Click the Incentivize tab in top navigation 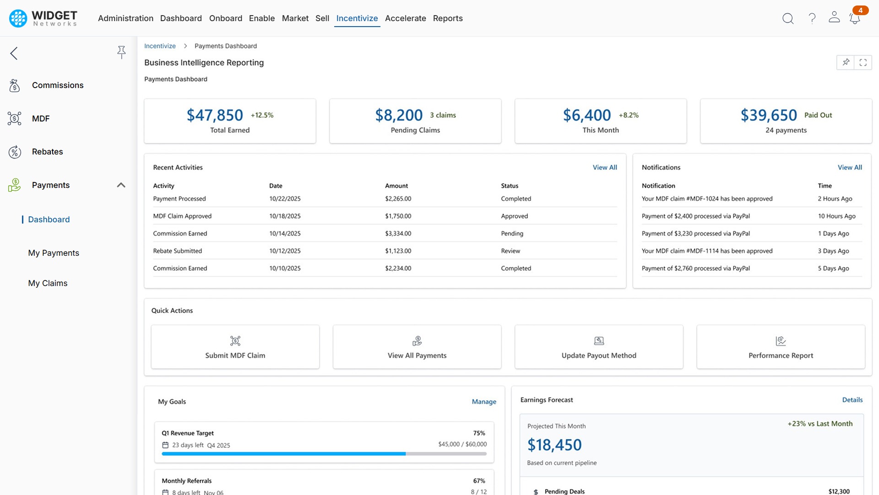click(x=357, y=18)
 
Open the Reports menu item click(x=447, y=18)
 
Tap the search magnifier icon click(x=787, y=18)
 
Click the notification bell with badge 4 click(x=854, y=18)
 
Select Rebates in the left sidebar click(x=47, y=152)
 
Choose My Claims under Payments click(x=48, y=283)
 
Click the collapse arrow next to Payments click(x=121, y=185)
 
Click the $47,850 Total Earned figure click(x=215, y=115)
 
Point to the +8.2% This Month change click(x=629, y=115)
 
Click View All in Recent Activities click(x=604, y=167)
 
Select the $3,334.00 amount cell click(x=398, y=233)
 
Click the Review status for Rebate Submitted click(x=510, y=251)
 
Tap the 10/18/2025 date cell click(x=285, y=216)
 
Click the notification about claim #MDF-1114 click(x=707, y=251)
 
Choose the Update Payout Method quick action click(x=598, y=347)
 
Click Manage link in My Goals click(x=484, y=401)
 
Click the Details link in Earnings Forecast click(x=852, y=400)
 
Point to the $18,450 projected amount click(x=554, y=445)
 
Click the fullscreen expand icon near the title click(x=863, y=62)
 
